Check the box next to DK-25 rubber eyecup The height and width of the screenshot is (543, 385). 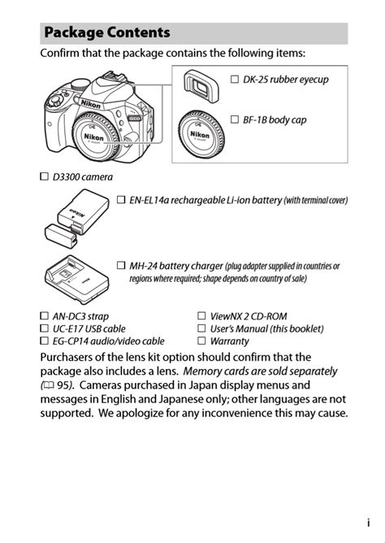pos(235,80)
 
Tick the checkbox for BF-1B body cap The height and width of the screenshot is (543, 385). pos(235,119)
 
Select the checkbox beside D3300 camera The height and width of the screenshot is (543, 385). pos(45,176)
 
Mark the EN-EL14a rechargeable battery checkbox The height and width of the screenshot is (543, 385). pos(121,199)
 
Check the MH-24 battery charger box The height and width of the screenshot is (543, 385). pos(121,266)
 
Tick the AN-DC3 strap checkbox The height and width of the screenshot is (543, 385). pos(45,316)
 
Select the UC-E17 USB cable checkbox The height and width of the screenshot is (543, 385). pos(45,328)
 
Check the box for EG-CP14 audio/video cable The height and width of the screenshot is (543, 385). pos(45,341)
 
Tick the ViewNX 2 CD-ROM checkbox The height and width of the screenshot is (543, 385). pos(201,316)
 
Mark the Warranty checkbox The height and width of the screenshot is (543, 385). pos(201,341)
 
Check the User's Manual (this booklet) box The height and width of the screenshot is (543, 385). pos(201,328)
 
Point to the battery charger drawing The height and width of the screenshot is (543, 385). pos(74,281)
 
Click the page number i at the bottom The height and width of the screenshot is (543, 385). pos(368,524)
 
